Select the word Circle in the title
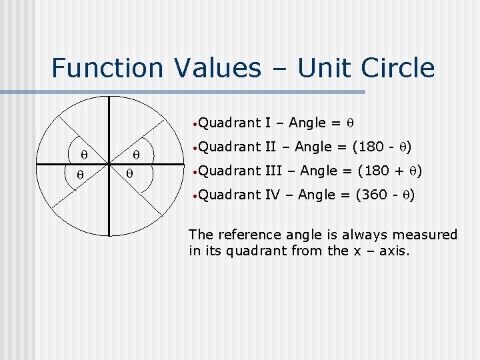[x=399, y=68]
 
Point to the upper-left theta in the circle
[x=85, y=155]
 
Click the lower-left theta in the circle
[x=79, y=175]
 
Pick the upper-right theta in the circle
[x=135, y=155]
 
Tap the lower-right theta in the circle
[x=131, y=175]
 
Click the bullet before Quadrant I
[x=193, y=123]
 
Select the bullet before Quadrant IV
[x=193, y=195]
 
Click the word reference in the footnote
[x=247, y=235]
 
